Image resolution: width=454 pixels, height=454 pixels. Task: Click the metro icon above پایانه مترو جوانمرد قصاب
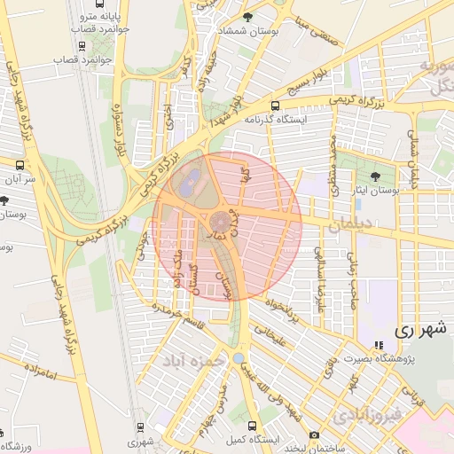(82, 4)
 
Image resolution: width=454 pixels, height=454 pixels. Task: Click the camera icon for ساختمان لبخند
(314, 434)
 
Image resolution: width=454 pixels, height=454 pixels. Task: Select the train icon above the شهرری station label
(139, 427)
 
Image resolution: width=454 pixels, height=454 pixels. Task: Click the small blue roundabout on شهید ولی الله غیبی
(239, 359)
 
